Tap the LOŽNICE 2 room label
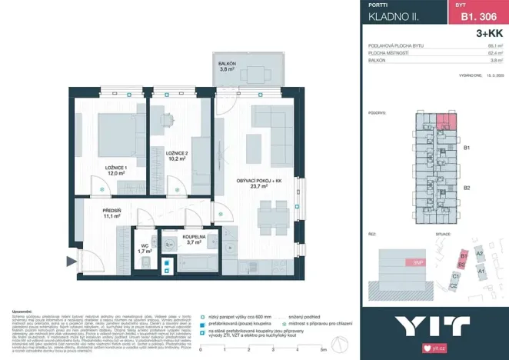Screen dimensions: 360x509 coord(177,154)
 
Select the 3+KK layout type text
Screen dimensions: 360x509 coord(489,33)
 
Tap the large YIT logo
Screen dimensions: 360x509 coord(432,326)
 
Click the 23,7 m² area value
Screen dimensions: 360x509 coord(258,186)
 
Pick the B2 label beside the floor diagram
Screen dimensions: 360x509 coord(467,188)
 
